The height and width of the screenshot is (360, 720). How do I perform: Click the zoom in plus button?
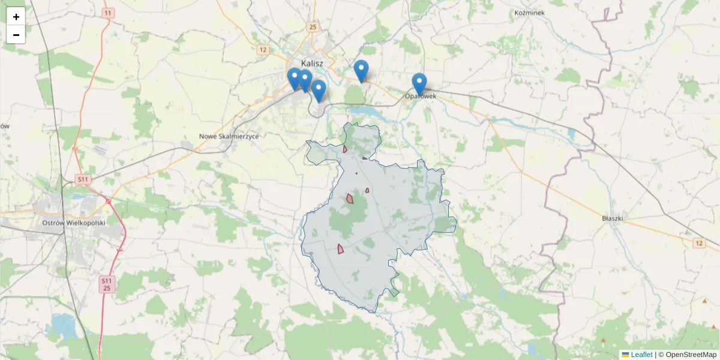(16, 17)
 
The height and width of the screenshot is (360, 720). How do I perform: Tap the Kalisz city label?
(312, 62)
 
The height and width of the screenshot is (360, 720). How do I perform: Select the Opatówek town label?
(420, 96)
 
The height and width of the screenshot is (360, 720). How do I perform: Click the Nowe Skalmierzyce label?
(229, 137)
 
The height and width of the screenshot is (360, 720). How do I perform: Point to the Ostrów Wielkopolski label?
(74, 223)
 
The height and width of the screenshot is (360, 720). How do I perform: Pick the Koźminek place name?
(529, 13)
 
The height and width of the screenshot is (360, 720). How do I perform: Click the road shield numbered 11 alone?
(107, 13)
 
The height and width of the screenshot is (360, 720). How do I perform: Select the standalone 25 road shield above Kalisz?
(312, 27)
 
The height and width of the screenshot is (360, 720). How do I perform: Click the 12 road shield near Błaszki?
(699, 242)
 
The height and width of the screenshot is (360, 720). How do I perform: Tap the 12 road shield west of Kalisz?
(262, 50)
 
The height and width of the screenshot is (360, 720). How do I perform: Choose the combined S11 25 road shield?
(106, 284)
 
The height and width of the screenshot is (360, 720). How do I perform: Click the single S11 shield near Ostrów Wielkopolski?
(83, 179)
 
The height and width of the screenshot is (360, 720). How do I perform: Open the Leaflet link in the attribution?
(641, 355)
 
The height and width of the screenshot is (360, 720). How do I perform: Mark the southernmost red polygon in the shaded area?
(341, 248)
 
